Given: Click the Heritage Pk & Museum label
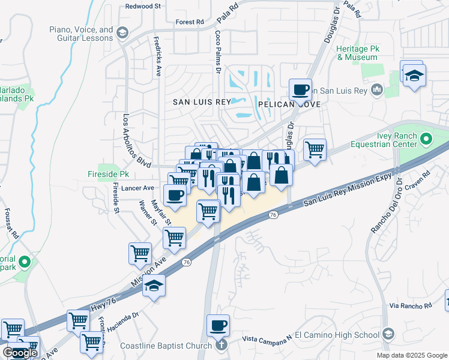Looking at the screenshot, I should (x=357, y=53).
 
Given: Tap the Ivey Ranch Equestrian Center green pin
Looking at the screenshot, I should (x=426, y=140).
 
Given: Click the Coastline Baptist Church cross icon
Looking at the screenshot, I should (x=221, y=345).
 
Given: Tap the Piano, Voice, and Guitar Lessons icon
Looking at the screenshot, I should (x=123, y=32).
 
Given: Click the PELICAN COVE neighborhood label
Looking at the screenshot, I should (x=289, y=104).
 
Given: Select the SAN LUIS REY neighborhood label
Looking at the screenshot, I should (x=202, y=102).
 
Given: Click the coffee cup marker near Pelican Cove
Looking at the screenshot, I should (x=300, y=91).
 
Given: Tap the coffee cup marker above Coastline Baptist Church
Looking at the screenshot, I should (x=218, y=326).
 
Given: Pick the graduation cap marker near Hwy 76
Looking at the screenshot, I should (x=154, y=286).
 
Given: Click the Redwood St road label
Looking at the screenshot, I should (x=143, y=6).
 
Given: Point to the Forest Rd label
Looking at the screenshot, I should (x=190, y=22).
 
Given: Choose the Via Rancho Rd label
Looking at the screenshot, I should (x=411, y=306).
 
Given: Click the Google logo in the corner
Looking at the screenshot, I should (x=20, y=353).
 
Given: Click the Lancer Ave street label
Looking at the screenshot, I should (x=139, y=188).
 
